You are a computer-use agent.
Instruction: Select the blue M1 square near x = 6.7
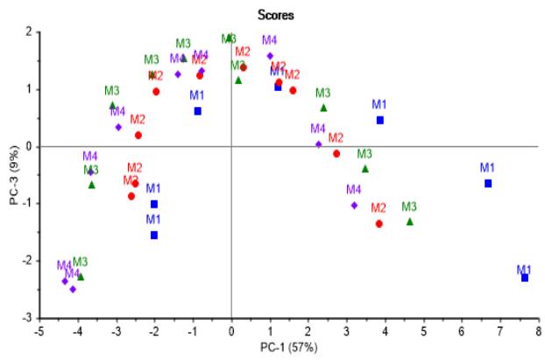(488, 183)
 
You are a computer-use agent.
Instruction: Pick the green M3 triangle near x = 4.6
(409, 222)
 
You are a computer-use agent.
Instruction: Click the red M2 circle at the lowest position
(379, 223)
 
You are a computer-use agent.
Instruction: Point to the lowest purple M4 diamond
(73, 289)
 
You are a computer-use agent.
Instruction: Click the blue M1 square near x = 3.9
(380, 120)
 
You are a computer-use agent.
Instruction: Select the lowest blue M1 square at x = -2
(154, 235)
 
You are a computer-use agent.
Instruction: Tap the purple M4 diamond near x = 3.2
(354, 205)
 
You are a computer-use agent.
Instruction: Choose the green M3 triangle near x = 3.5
(365, 168)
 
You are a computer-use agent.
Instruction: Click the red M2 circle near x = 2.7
(336, 153)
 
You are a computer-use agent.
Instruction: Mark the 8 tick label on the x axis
(538, 331)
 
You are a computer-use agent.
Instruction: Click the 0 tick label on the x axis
(231, 331)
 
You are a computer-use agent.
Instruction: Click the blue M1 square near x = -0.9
(198, 111)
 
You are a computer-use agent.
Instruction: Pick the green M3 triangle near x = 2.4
(323, 108)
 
